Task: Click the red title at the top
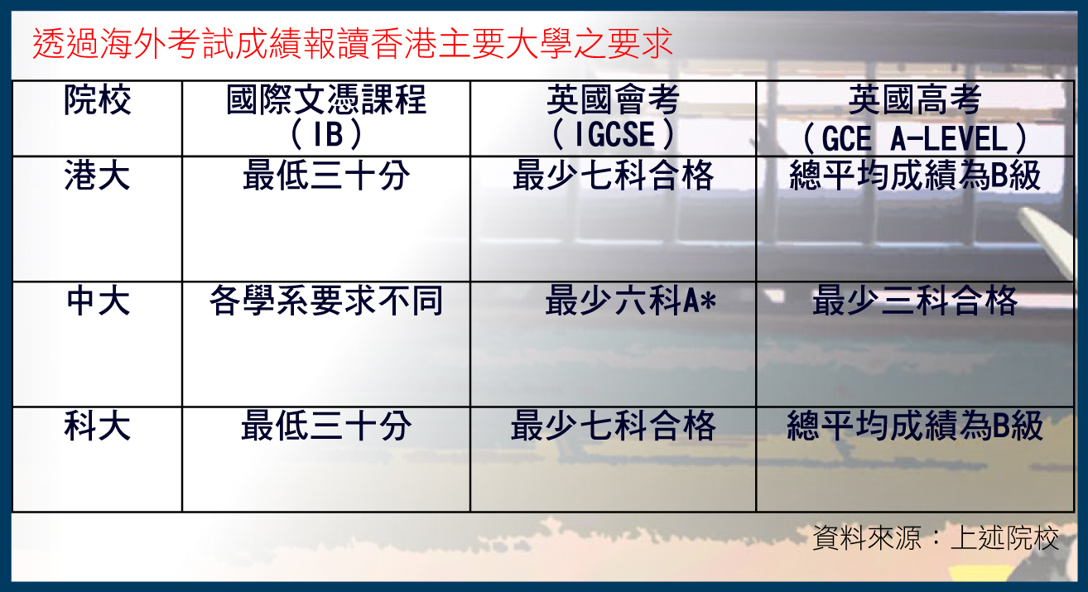(x=353, y=44)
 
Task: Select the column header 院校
(x=98, y=100)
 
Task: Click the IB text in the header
(x=326, y=134)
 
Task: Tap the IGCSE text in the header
(x=614, y=134)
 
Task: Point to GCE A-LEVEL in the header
(x=915, y=139)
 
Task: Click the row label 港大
(x=98, y=176)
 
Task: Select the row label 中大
(x=98, y=301)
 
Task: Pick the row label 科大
(x=98, y=426)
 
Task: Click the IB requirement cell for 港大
(x=326, y=176)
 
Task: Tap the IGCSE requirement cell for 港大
(x=614, y=176)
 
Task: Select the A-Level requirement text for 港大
(x=915, y=176)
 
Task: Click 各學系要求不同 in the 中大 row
(x=326, y=301)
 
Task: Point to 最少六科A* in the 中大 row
(x=630, y=301)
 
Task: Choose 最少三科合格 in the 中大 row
(x=915, y=301)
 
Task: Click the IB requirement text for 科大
(x=326, y=426)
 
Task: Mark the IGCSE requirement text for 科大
(x=614, y=426)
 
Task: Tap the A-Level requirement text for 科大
(x=915, y=426)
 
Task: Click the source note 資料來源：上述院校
(x=936, y=538)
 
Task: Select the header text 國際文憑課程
(x=326, y=100)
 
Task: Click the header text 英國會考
(x=614, y=100)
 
